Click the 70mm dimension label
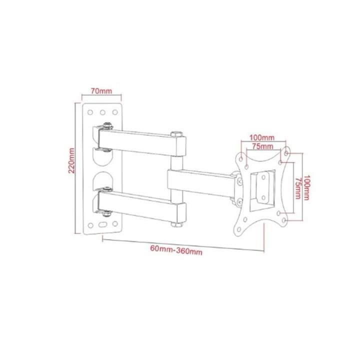click(x=101, y=91)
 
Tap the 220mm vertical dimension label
click(x=71, y=160)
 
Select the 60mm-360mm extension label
click(x=176, y=250)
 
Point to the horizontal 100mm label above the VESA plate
click(x=261, y=137)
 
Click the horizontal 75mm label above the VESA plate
click(x=262, y=146)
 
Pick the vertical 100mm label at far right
click(x=306, y=187)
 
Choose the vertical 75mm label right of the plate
click(x=298, y=188)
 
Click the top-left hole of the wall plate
click(x=90, y=112)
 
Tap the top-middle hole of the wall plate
click(x=102, y=112)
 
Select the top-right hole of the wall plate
click(x=115, y=112)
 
